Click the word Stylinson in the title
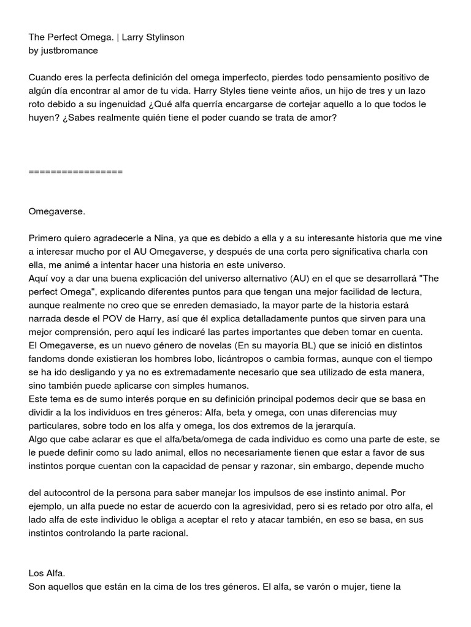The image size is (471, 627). [x=164, y=37]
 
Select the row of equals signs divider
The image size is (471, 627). [x=75, y=171]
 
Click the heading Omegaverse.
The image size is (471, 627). [x=57, y=211]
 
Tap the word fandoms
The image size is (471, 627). [x=50, y=359]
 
